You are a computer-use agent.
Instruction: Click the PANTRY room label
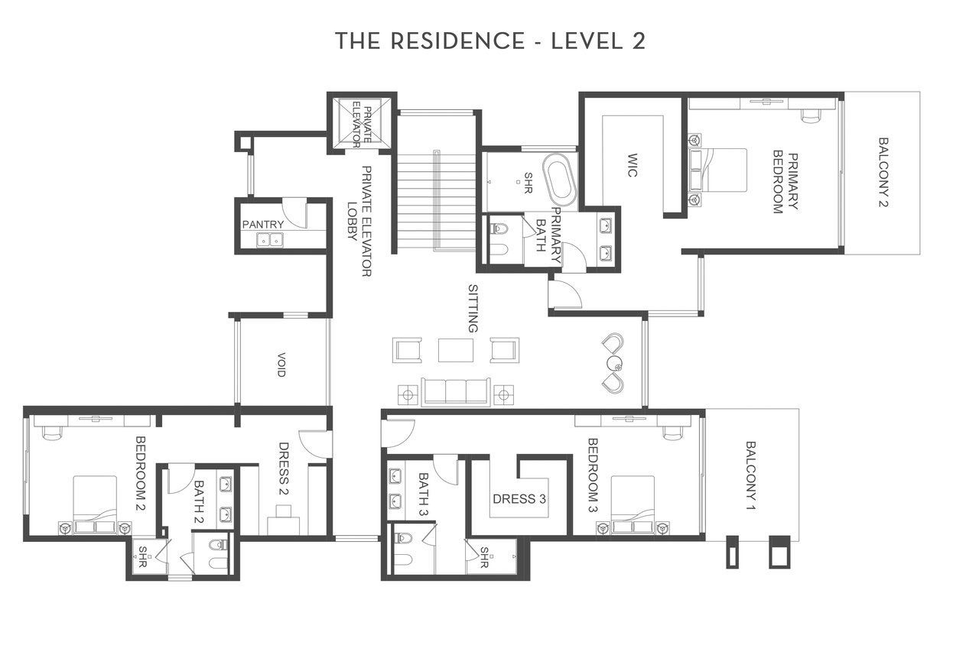263,225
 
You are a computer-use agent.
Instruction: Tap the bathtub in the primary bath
559,180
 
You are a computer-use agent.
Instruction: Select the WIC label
632,165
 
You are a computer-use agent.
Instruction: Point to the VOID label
281,365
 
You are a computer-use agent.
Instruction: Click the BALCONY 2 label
883,172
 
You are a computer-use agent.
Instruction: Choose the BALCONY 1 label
750,475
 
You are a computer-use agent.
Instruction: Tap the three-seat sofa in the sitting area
455,391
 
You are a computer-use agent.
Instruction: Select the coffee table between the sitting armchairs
455,350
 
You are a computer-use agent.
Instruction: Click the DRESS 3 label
519,498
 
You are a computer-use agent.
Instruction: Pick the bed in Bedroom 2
95,504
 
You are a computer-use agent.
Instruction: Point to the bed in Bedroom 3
633,504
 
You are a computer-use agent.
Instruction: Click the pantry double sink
270,240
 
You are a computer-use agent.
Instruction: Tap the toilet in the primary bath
499,229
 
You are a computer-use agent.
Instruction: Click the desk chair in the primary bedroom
811,115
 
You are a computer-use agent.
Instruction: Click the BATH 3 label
423,494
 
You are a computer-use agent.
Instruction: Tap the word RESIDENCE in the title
457,41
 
